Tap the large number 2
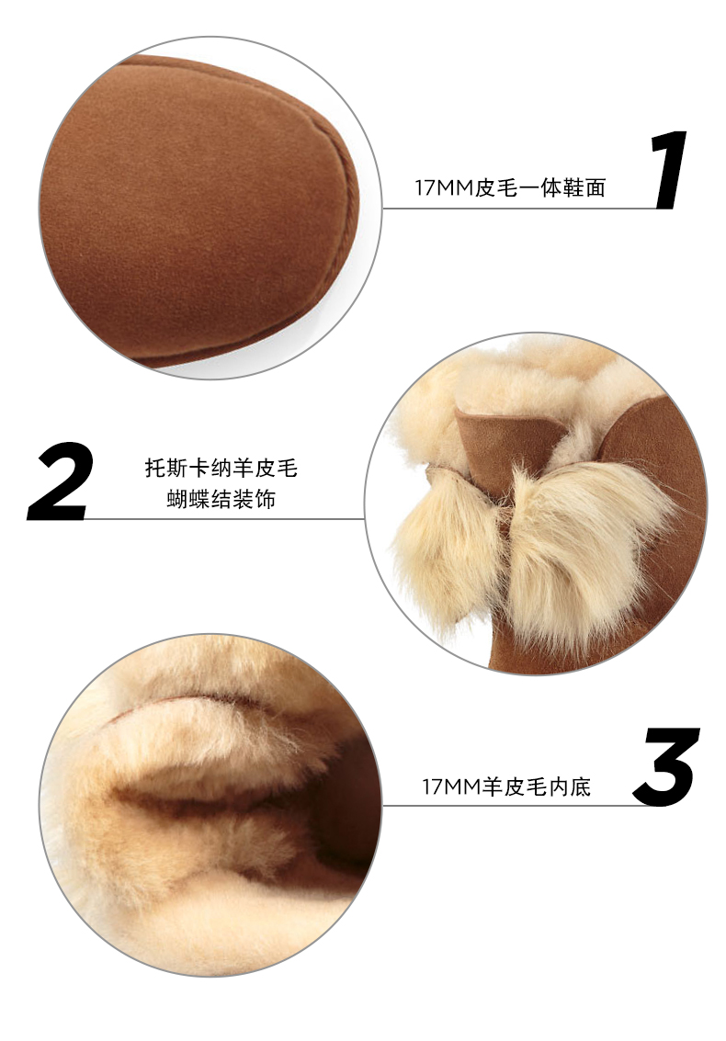61,481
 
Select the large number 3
666,767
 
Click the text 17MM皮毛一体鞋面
510,187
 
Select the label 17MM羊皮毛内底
506,786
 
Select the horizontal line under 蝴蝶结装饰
226,518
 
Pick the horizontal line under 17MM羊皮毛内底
518,806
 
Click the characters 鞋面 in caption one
584,187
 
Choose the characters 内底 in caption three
570,786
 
